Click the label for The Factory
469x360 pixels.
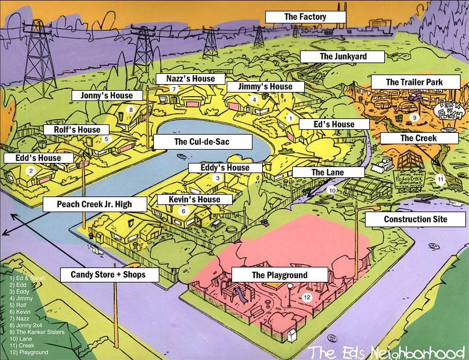305,17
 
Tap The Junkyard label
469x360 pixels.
342,56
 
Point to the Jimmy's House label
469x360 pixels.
265,87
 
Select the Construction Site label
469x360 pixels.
415,219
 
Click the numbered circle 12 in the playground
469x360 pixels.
307,297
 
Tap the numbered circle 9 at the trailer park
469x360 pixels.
414,117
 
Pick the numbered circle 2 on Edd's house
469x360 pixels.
31,170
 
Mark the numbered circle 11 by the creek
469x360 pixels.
440,178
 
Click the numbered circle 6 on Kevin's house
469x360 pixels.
183,211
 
